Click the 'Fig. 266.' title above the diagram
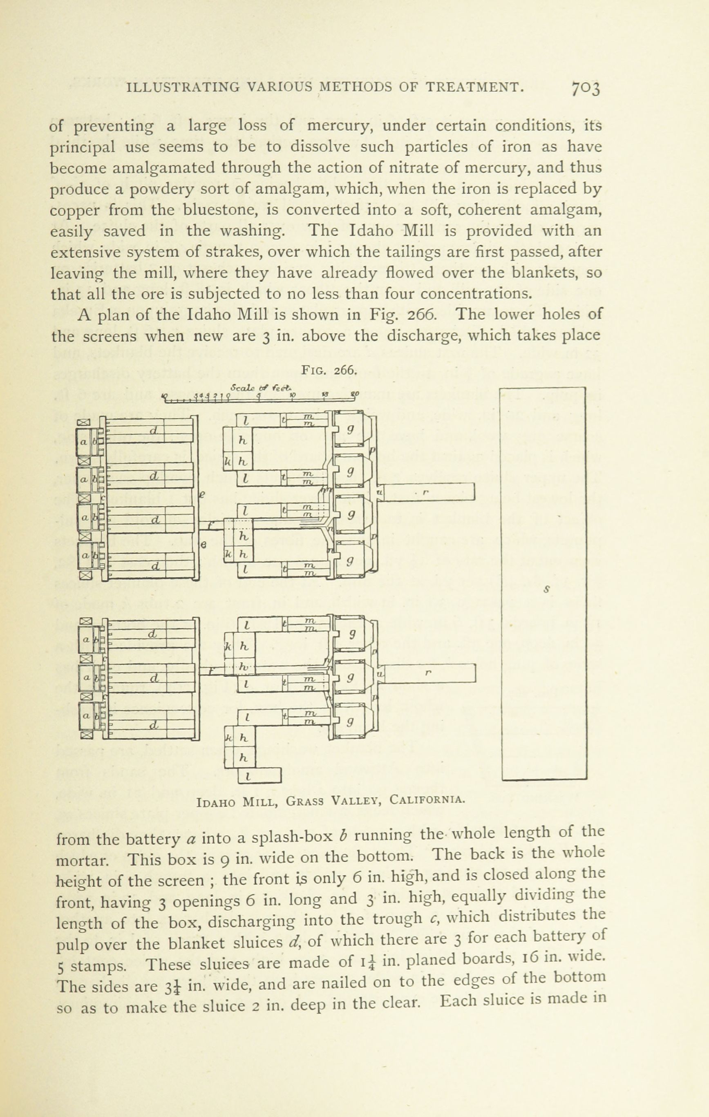click(x=329, y=370)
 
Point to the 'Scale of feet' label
click(x=262, y=386)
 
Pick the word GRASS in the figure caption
click(x=304, y=801)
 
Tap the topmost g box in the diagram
click(x=351, y=429)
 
